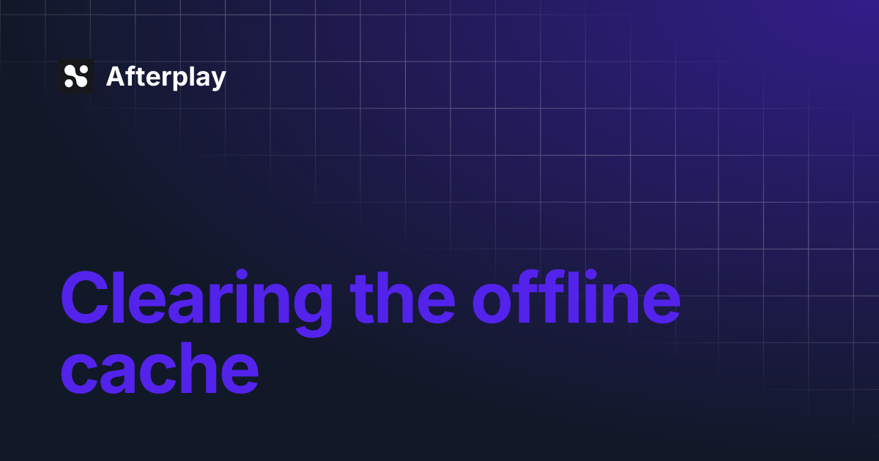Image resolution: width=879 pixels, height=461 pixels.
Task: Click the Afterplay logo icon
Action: point(76,76)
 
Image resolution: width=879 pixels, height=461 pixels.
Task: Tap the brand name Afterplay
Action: point(166,77)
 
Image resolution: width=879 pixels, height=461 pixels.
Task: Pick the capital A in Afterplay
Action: point(115,77)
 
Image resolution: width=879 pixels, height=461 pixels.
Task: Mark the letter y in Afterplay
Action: point(218,80)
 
